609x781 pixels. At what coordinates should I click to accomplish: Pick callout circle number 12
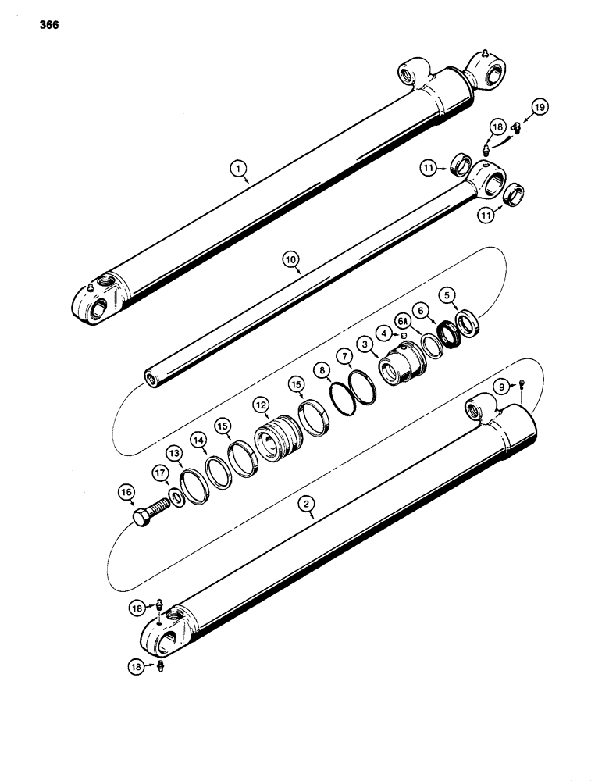click(260, 405)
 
